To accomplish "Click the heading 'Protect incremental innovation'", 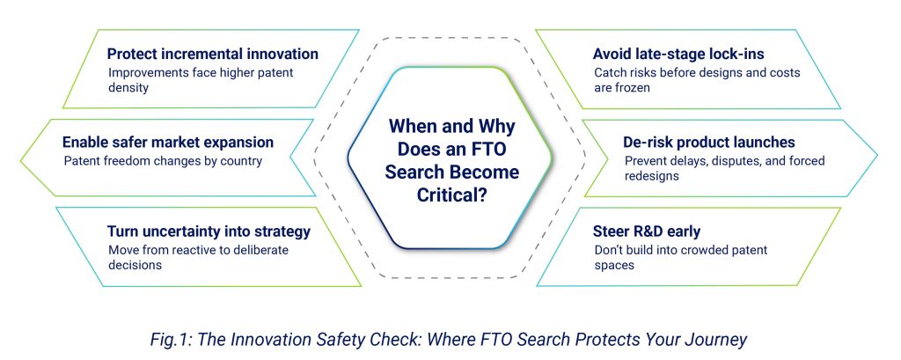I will (x=212, y=55).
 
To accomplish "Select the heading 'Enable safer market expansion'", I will (x=168, y=142).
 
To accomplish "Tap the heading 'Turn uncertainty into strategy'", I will (x=209, y=231).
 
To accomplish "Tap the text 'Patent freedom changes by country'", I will (x=163, y=161).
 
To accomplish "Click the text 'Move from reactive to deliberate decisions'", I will (x=197, y=257).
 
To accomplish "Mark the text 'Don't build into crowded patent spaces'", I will (x=680, y=257).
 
